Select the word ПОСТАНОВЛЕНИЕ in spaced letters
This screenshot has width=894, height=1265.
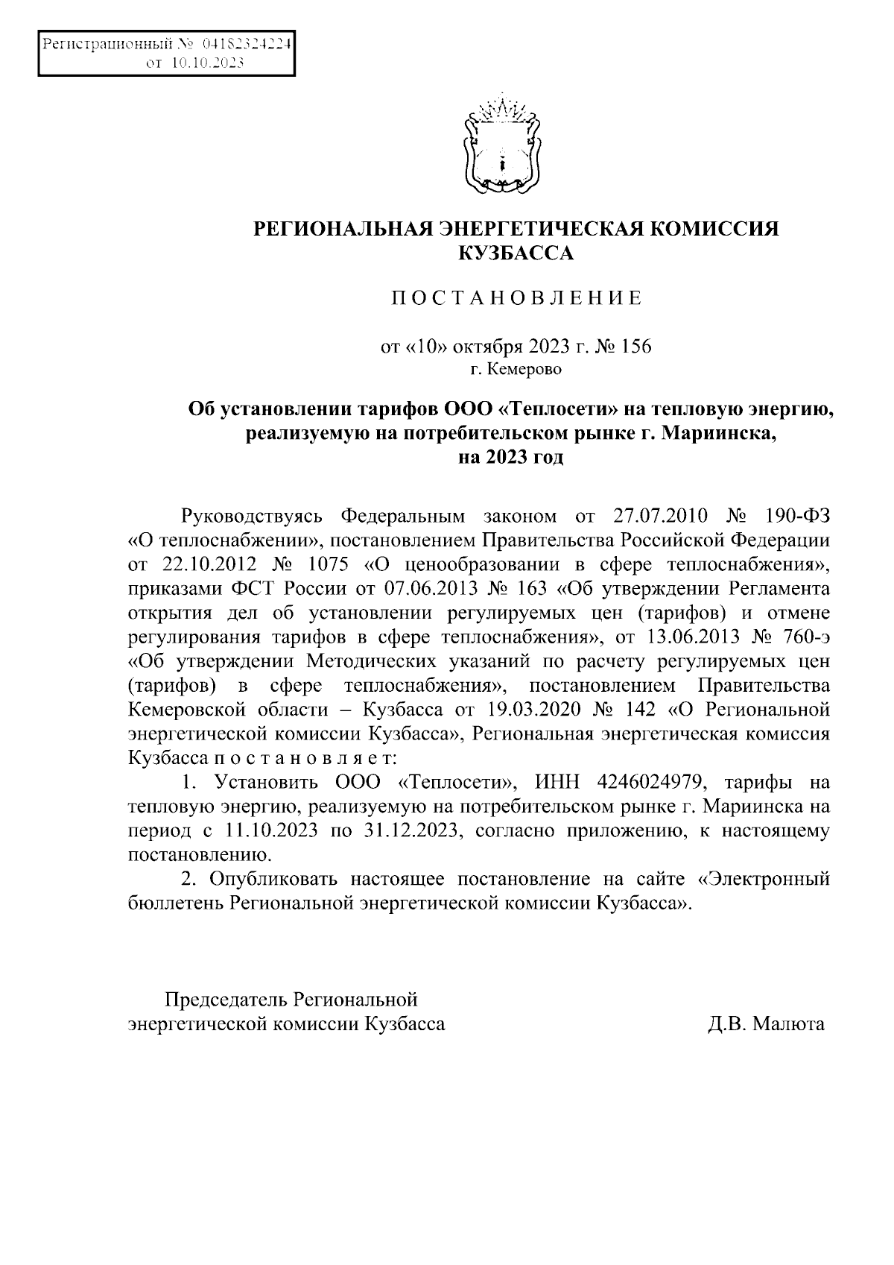pos(516,299)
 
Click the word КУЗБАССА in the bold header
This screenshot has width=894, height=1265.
pos(516,254)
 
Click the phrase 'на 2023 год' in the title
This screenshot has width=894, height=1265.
pos(511,456)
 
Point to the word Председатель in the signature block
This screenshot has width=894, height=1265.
pos(224,999)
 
